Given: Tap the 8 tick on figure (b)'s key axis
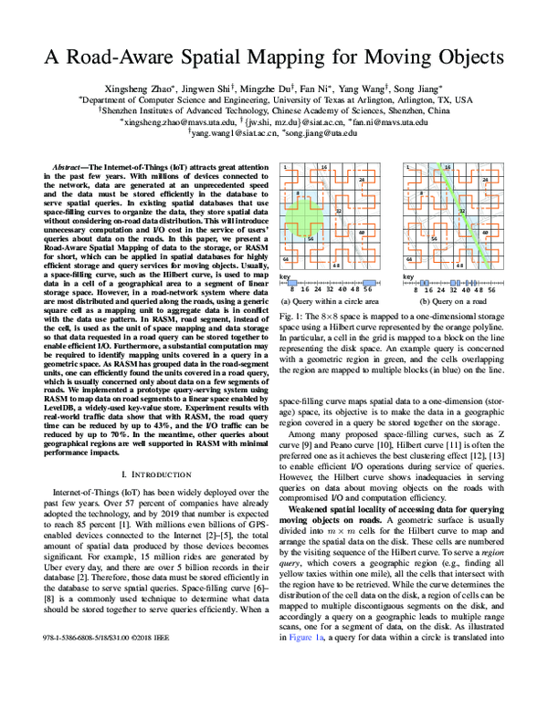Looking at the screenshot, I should (416, 290).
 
